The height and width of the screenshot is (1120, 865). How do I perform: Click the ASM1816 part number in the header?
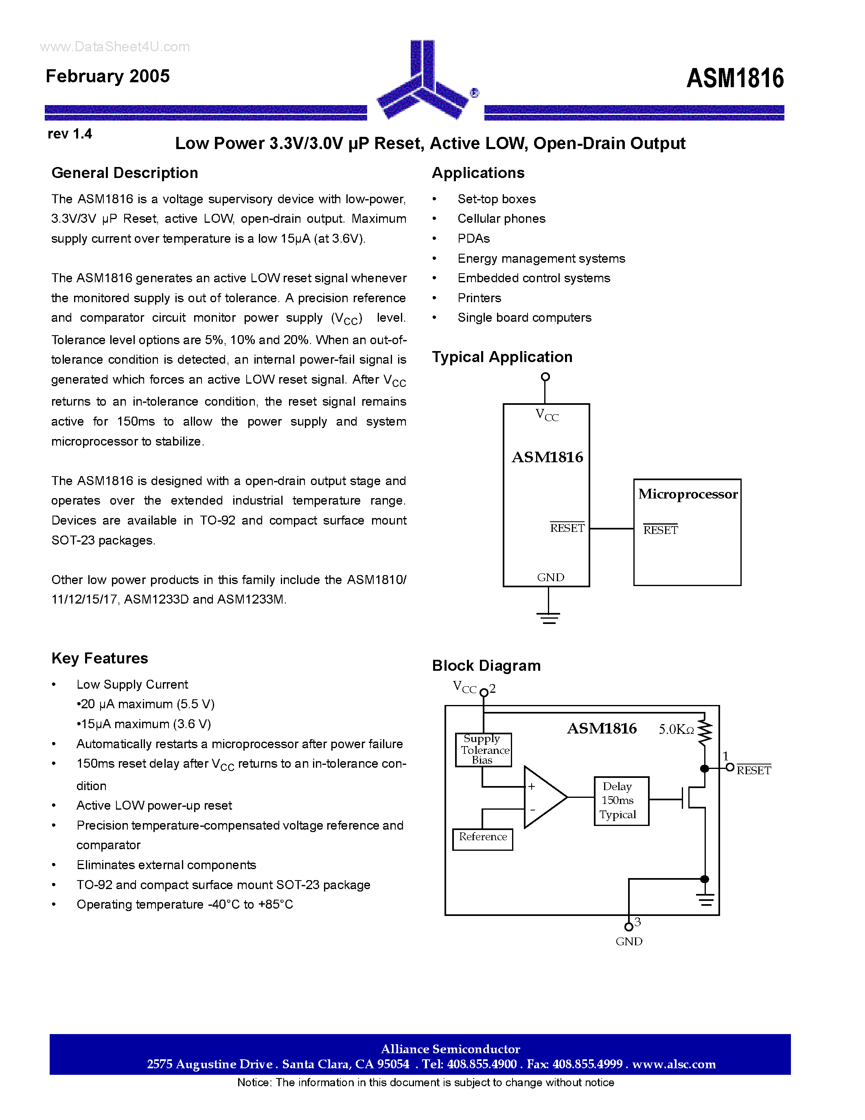(734, 79)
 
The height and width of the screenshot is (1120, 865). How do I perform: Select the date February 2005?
(107, 76)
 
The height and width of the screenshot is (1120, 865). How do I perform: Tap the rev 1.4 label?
(70, 134)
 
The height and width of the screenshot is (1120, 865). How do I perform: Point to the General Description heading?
(125, 173)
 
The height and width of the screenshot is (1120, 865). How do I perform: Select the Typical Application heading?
(501, 356)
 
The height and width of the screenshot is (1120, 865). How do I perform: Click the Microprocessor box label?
(688, 494)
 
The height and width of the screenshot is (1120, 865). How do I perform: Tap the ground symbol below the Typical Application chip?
(549, 617)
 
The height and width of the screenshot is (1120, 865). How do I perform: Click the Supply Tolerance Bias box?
(483, 749)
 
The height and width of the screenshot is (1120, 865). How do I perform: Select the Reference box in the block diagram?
(483, 839)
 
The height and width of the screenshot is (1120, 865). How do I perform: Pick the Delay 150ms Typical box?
(621, 801)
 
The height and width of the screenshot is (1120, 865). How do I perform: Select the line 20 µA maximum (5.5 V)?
(146, 704)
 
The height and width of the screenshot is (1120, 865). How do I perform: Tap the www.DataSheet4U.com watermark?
(115, 47)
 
